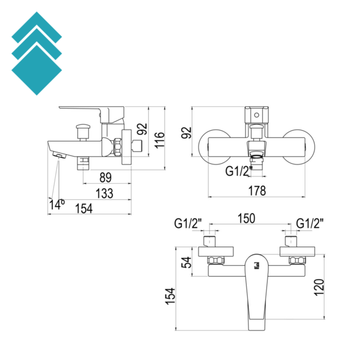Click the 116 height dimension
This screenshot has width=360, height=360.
(160, 140)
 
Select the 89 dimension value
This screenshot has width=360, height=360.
(106, 178)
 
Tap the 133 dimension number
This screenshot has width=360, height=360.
(104, 193)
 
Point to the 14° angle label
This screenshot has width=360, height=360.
(57, 205)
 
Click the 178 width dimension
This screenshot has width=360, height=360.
(257, 191)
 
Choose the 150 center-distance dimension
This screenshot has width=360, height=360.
(247, 218)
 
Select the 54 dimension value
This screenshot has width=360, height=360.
(186, 262)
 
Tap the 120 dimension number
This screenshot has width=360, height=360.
(319, 287)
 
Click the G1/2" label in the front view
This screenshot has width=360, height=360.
(239, 171)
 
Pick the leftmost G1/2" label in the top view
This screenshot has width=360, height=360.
(188, 223)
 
